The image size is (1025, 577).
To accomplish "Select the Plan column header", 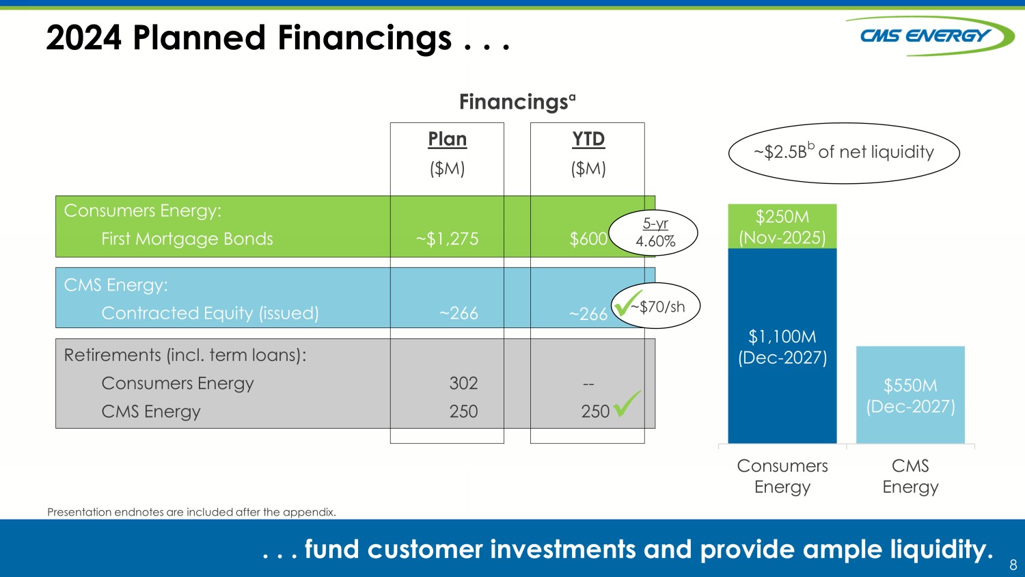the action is (x=447, y=139).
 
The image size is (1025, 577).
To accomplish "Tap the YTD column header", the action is (x=588, y=139).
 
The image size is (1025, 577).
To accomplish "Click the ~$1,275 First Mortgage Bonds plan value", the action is (x=447, y=239).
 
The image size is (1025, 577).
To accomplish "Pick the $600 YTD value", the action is (x=588, y=239).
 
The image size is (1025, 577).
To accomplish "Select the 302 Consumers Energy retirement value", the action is (x=463, y=383).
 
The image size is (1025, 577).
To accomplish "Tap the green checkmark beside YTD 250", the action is (x=627, y=403).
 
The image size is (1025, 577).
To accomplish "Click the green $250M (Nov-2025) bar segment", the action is (x=782, y=226).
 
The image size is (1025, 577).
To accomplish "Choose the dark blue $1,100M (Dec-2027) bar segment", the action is (x=782, y=346).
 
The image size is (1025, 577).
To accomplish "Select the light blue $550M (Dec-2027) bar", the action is (x=910, y=394).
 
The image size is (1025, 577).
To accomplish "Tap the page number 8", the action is (x=1013, y=565).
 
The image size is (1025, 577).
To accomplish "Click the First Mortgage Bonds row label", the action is (x=187, y=239).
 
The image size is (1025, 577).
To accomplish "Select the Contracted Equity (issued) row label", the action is (x=210, y=313).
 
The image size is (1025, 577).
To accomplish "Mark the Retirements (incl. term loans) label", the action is (x=185, y=355).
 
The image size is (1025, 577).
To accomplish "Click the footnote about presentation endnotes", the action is (x=192, y=512).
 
